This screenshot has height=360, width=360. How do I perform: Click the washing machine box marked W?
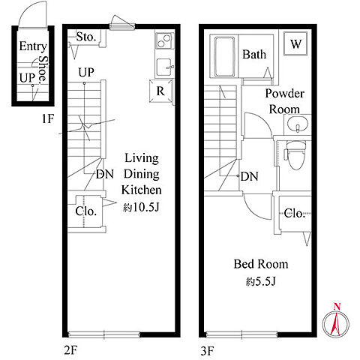(295, 43)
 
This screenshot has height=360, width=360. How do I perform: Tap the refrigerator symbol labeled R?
(160, 91)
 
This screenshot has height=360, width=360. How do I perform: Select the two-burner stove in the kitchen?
(164, 41)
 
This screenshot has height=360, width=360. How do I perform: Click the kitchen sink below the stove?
(164, 67)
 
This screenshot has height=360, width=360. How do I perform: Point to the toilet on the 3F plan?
(296, 155)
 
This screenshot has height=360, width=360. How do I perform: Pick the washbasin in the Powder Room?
(297, 125)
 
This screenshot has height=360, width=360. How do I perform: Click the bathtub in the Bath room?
(225, 57)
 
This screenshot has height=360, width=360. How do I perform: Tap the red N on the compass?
(337, 307)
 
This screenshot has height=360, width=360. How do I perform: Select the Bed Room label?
(261, 264)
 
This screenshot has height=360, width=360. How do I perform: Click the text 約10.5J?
(141, 207)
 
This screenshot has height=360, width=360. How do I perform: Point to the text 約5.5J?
(261, 282)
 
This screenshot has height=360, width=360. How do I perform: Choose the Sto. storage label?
(86, 37)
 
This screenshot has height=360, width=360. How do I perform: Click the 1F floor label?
(48, 118)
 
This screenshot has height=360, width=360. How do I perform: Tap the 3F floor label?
(207, 351)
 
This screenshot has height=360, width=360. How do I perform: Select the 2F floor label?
(70, 350)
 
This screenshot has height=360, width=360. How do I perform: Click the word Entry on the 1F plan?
(33, 46)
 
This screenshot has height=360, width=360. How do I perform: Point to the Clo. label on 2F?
(85, 211)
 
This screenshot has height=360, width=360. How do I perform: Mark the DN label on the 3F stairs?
(249, 177)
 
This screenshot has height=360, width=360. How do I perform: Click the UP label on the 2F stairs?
(86, 73)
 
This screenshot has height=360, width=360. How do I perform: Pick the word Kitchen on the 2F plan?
(141, 190)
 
